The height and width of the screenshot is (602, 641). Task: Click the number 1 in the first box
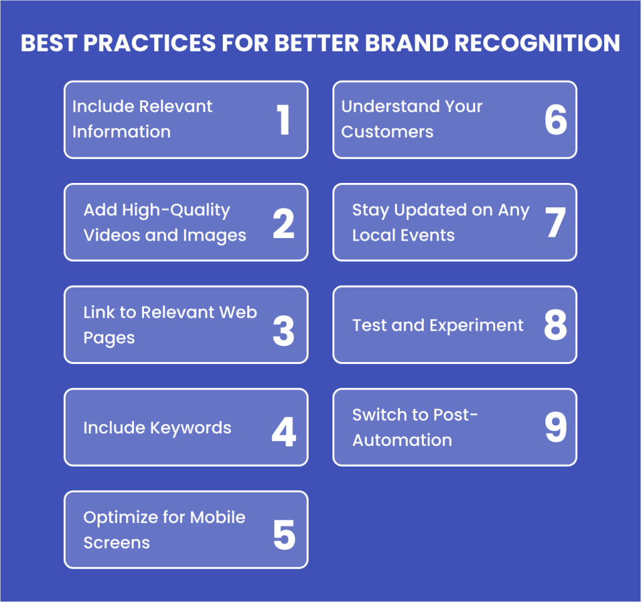click(x=284, y=120)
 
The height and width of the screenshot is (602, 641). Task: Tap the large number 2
click(x=284, y=223)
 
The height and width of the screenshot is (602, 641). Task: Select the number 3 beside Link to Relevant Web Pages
click(x=284, y=331)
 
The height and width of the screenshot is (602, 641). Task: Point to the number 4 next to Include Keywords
click(x=284, y=432)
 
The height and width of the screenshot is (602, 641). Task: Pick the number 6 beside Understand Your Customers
click(x=556, y=120)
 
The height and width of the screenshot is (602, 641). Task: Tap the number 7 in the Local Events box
click(x=555, y=222)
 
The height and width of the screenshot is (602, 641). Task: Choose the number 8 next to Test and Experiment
click(x=556, y=324)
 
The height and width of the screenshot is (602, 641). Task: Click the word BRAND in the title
click(x=406, y=43)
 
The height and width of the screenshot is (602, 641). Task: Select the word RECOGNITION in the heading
click(x=537, y=43)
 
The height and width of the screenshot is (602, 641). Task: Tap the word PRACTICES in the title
click(x=150, y=43)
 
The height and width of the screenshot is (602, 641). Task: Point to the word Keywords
click(x=190, y=428)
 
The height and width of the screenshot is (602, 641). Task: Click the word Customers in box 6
click(x=387, y=132)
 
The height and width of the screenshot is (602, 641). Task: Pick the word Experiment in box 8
click(x=476, y=326)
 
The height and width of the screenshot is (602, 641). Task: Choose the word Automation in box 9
click(x=403, y=440)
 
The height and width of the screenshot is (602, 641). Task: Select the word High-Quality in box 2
click(x=176, y=210)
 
